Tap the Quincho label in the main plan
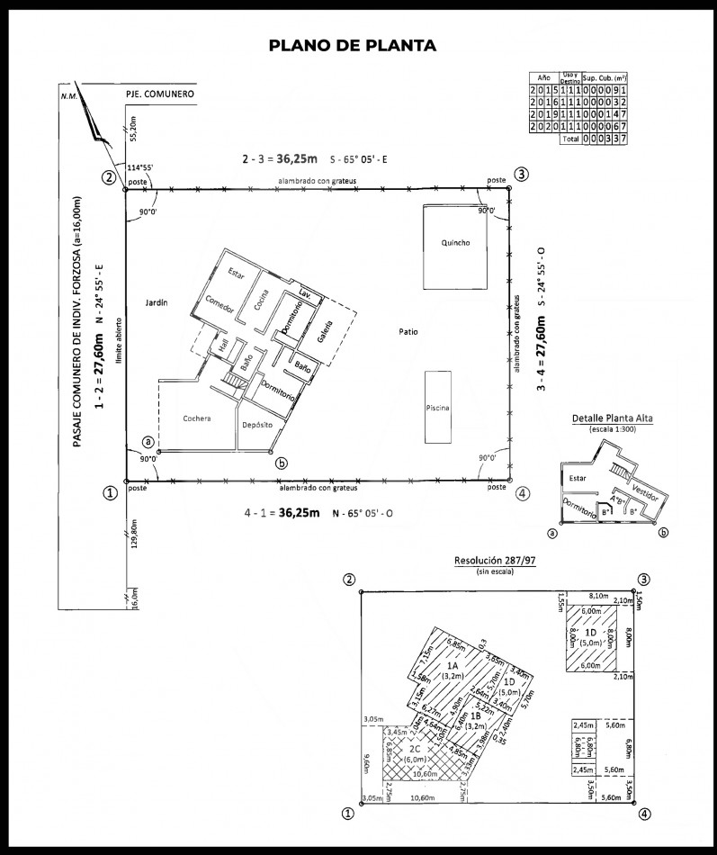455,243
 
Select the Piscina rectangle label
438,408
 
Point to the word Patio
408,332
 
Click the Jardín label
157,304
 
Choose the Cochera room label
196,418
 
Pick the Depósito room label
255,425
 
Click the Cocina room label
262,301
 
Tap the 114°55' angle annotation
142,167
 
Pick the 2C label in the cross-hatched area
415,749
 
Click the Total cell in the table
569,139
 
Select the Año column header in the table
543,78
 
